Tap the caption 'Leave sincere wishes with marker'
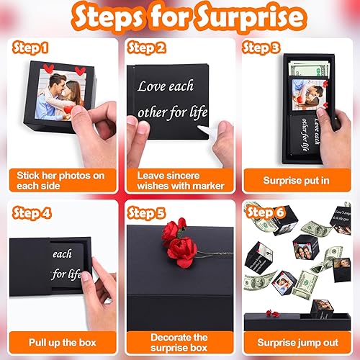[x=179, y=180]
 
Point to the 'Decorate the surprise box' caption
[x=179, y=343]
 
